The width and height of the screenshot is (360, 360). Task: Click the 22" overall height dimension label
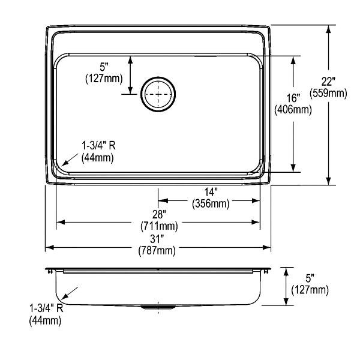point(328,82)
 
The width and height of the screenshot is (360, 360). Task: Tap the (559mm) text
point(328,93)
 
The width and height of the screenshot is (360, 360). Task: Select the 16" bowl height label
point(293,98)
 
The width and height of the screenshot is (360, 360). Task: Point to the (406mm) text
point(293,110)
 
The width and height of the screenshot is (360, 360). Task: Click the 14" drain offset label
point(211,192)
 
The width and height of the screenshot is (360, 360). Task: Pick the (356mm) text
point(211,203)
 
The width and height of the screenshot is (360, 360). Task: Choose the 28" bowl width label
point(159,215)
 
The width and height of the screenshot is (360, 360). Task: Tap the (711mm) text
point(159,226)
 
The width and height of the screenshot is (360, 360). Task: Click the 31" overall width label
point(157,239)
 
